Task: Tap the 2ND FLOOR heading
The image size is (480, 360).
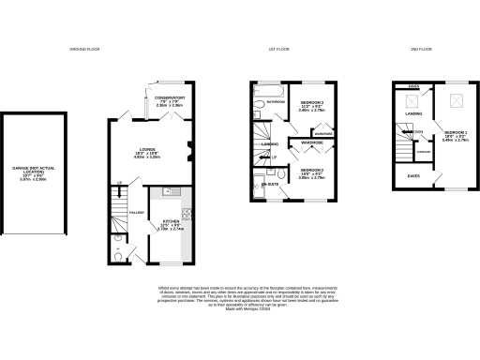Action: tap(420, 49)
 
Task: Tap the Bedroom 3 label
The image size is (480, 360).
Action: tap(311, 106)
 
